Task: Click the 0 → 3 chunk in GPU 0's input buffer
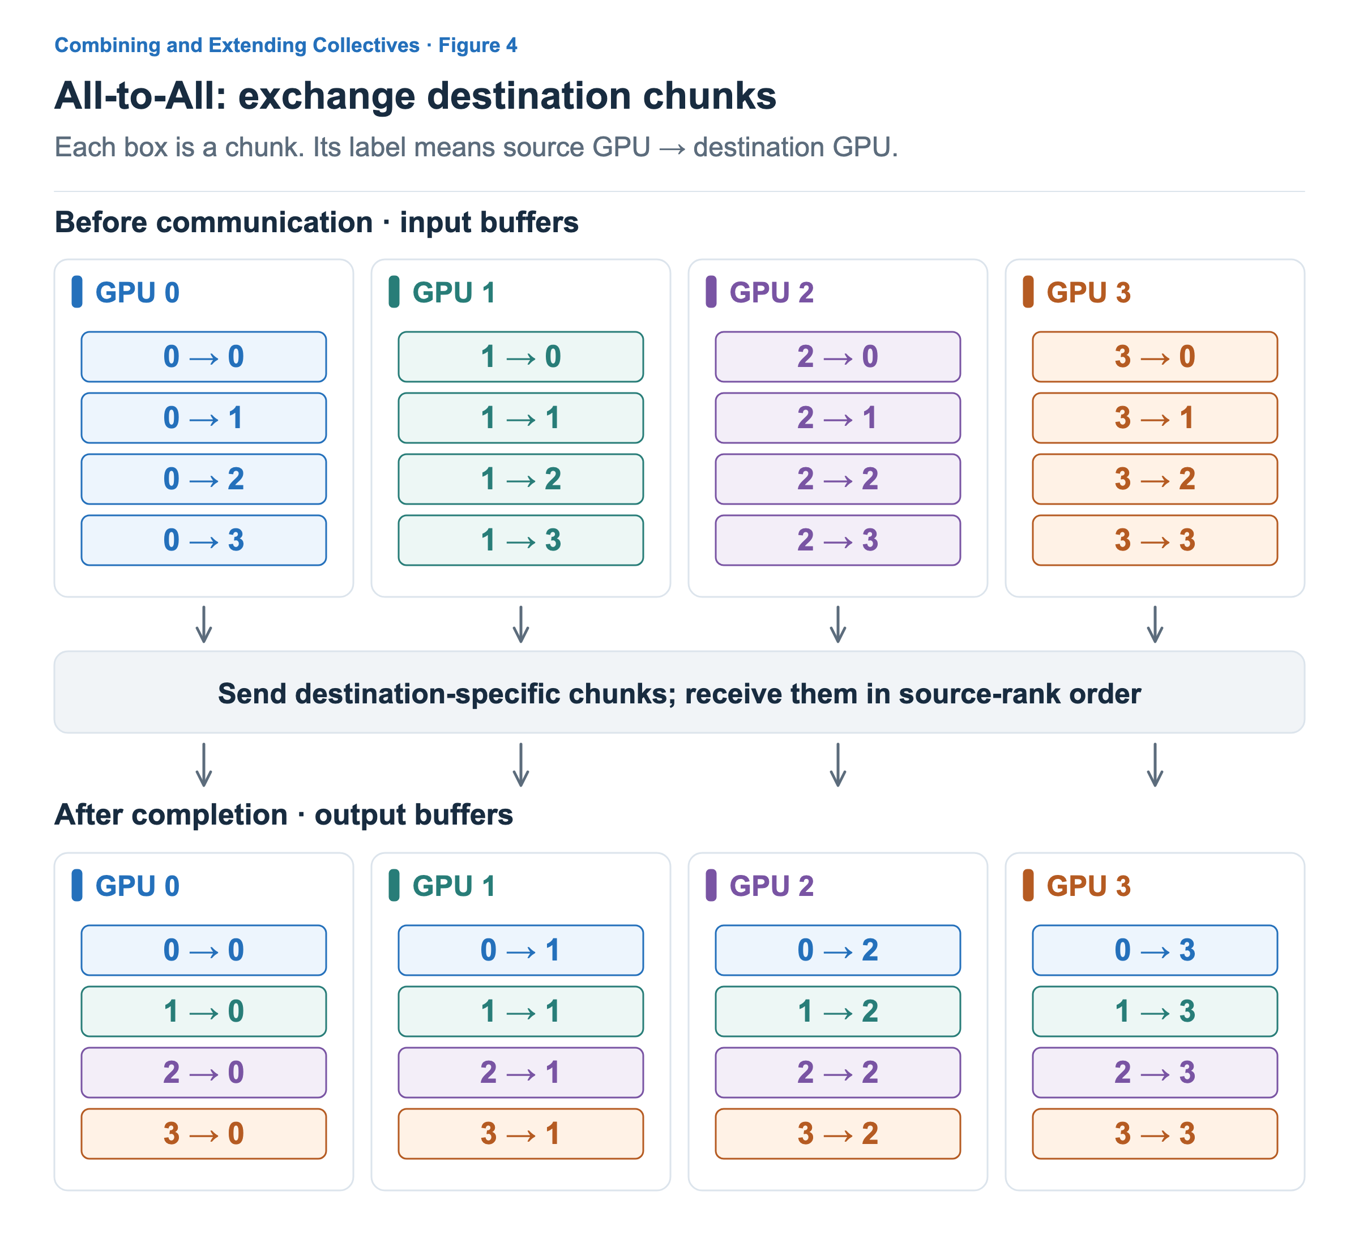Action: coord(204,540)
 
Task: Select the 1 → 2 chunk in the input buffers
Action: coord(520,479)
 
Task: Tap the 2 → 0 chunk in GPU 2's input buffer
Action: coord(838,357)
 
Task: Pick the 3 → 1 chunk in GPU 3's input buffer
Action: coord(1155,418)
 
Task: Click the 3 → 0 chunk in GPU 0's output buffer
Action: coord(204,1133)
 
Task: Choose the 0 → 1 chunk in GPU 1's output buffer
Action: coord(520,950)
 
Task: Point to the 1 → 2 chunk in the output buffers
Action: coord(838,1011)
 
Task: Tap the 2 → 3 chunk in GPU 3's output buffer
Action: coord(1155,1072)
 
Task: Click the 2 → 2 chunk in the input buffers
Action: coord(838,479)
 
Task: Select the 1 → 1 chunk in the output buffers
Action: coord(520,1011)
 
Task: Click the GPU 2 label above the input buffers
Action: coord(771,293)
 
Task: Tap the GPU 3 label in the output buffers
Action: coord(1088,886)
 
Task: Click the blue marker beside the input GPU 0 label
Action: coord(77,292)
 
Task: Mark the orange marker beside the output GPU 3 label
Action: coord(1028,885)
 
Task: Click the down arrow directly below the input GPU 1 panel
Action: coord(520,625)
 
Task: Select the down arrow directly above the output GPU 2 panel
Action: coord(838,765)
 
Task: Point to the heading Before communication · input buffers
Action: coord(316,222)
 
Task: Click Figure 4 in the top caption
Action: coord(477,45)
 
